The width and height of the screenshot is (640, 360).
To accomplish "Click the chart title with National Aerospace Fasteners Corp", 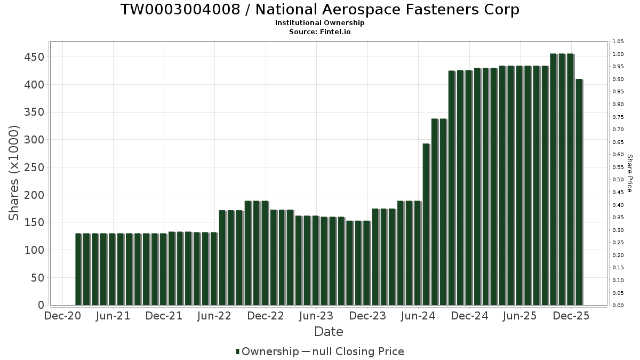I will pos(319,10).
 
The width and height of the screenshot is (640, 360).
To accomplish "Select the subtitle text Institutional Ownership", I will pos(319,23).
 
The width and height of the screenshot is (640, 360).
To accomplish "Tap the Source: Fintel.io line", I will pos(319,31).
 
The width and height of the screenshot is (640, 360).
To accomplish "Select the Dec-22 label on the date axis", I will pos(266,316).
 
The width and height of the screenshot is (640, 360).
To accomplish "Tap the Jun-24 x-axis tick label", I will pos(419,316).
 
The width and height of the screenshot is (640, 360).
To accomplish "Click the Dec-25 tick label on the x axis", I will pos(571,316).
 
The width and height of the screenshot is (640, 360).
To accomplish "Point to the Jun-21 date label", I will pos(113,316).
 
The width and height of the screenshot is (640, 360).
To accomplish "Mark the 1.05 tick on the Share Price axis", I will pos(618,42).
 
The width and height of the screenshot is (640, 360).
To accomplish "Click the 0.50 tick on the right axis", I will pos(618,180).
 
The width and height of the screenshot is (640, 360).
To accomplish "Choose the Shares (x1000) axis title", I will pos(14,173).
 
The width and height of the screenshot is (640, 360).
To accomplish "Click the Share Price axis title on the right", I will pos(629,173).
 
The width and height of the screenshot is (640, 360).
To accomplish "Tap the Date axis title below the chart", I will pos(329,332).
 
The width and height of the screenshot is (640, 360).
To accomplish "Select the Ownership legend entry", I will pos(267,351).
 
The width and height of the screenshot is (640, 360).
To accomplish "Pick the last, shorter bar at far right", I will pos(579,192).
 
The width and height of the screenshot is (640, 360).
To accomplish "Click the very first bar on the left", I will pos(78,269).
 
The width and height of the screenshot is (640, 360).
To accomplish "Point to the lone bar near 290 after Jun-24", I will pos(426,224).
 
